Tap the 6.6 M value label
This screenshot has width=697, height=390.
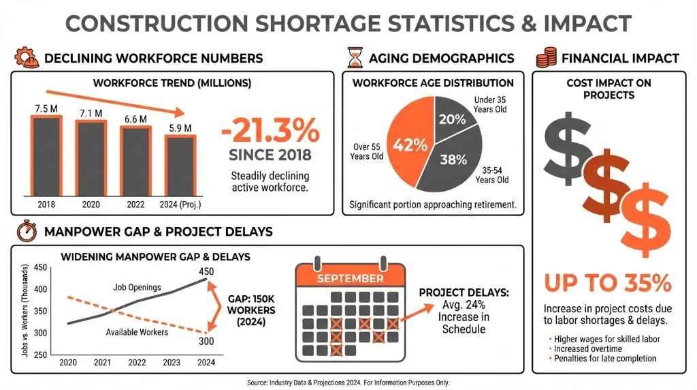coord(135,119)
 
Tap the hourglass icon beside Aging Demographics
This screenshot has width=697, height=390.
coord(353,57)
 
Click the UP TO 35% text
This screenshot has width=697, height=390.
coord(608,282)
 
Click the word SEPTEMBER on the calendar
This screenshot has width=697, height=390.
coord(349,278)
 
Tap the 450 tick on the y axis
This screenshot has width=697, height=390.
coord(41,267)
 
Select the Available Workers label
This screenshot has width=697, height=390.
coord(137,332)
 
